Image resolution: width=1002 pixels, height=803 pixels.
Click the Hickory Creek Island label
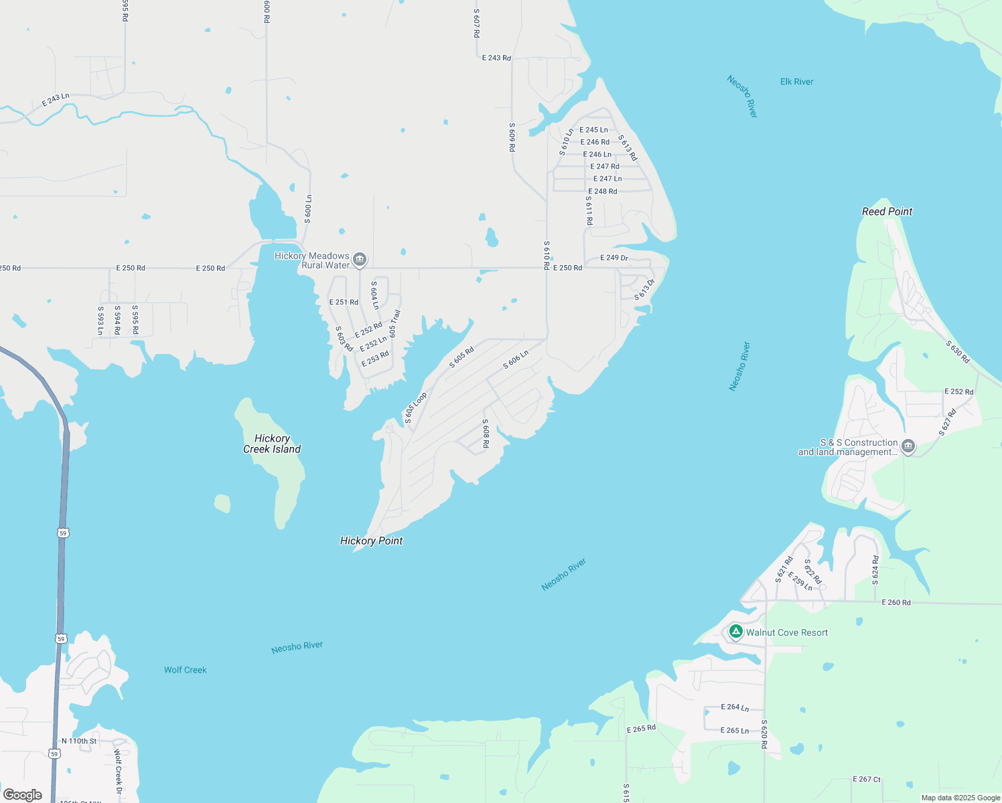pyautogui.click(x=272, y=444)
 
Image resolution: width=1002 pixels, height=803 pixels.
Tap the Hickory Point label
pyautogui.click(x=371, y=541)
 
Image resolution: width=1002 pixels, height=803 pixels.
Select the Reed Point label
pyautogui.click(x=887, y=211)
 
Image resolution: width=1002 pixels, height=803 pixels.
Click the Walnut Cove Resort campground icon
pyautogui.click(x=735, y=632)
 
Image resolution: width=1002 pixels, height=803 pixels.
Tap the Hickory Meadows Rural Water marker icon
pyautogui.click(x=360, y=260)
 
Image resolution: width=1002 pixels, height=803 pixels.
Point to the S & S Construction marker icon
pyautogui.click(x=908, y=446)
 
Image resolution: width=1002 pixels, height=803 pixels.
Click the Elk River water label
pyautogui.click(x=796, y=82)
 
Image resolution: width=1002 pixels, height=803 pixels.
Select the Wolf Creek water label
pyautogui.click(x=186, y=670)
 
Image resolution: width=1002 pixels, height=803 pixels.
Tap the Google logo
pyautogui.click(x=23, y=794)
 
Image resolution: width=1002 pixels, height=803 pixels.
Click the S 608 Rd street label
pyautogui.click(x=486, y=434)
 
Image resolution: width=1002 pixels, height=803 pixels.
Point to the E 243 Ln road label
pyautogui.click(x=56, y=100)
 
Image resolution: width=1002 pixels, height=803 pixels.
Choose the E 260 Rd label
pyautogui.click(x=896, y=602)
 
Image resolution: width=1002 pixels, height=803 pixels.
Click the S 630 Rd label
pyautogui.click(x=958, y=352)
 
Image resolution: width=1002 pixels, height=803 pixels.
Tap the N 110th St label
pyautogui.click(x=79, y=741)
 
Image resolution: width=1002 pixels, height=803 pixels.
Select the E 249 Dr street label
pyautogui.click(x=614, y=258)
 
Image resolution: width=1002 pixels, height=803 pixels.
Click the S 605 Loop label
pyautogui.click(x=415, y=408)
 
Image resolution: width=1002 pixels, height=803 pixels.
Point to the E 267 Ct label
pyautogui.click(x=867, y=779)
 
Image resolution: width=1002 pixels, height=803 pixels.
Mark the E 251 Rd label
pyautogui.click(x=344, y=302)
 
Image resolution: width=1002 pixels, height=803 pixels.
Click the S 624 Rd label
pyautogui.click(x=875, y=570)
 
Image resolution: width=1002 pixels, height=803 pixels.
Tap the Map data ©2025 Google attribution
pyautogui.click(x=960, y=798)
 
